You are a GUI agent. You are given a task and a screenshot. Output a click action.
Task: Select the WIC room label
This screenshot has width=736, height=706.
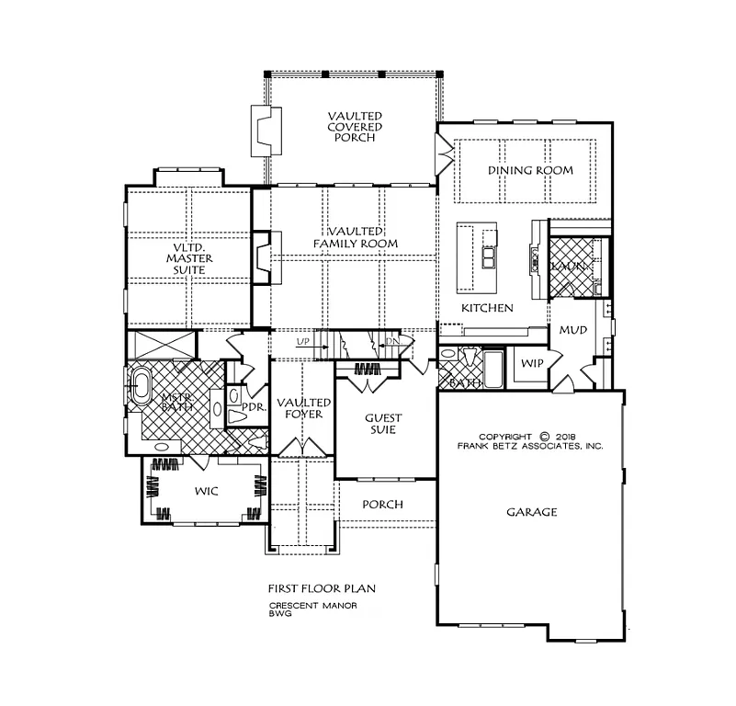click(x=207, y=492)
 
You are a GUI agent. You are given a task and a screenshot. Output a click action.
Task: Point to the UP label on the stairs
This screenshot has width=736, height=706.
click(x=302, y=342)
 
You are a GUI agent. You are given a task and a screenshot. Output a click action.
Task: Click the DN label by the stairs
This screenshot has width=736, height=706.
click(x=393, y=342)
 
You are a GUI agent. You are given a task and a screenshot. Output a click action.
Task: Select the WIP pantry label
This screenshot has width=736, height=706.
click(x=532, y=363)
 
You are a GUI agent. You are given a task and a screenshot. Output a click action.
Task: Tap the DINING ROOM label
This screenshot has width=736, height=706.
click(x=530, y=170)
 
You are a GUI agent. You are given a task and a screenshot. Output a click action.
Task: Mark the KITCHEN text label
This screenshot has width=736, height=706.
click(x=486, y=308)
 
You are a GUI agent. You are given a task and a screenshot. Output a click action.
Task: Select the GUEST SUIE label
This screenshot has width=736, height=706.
click(x=382, y=424)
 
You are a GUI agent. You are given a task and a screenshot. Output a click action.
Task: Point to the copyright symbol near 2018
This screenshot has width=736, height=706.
click(x=544, y=437)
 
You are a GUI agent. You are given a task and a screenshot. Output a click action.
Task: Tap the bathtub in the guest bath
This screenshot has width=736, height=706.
click(x=493, y=370)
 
